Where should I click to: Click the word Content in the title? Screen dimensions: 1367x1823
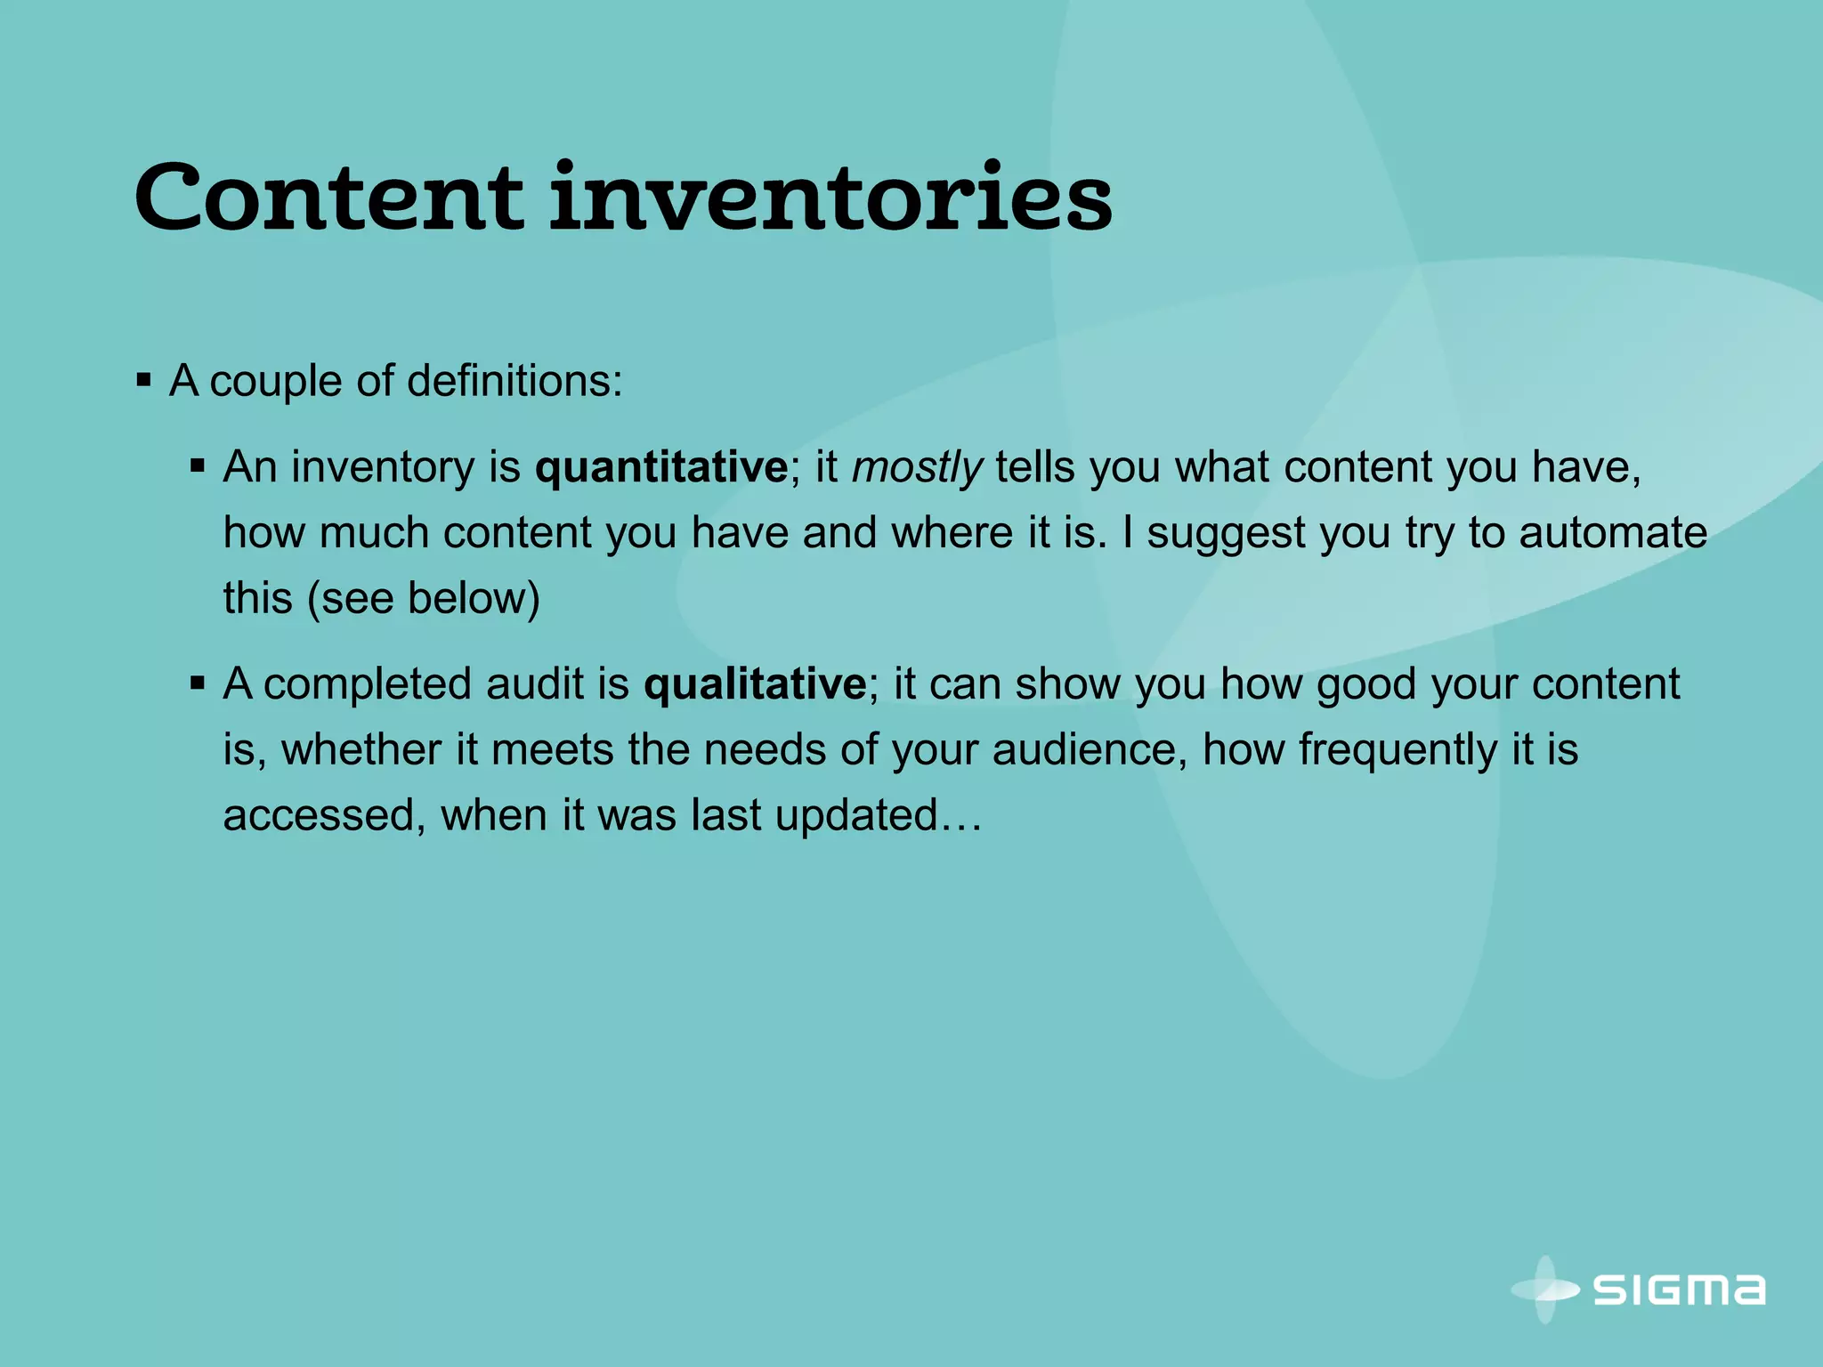(x=328, y=198)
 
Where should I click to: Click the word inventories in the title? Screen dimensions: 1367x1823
(x=830, y=198)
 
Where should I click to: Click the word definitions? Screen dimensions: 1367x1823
(x=514, y=381)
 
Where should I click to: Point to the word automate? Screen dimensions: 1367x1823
(x=1613, y=533)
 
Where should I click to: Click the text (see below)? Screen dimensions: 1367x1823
(x=424, y=598)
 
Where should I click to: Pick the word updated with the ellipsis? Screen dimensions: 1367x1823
(x=877, y=815)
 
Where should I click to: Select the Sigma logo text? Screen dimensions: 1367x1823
(x=1679, y=1290)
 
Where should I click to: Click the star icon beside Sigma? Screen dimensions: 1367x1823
(x=1546, y=1289)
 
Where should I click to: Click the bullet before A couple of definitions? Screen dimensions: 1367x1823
(x=144, y=382)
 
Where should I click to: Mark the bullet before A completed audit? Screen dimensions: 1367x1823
(x=198, y=683)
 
